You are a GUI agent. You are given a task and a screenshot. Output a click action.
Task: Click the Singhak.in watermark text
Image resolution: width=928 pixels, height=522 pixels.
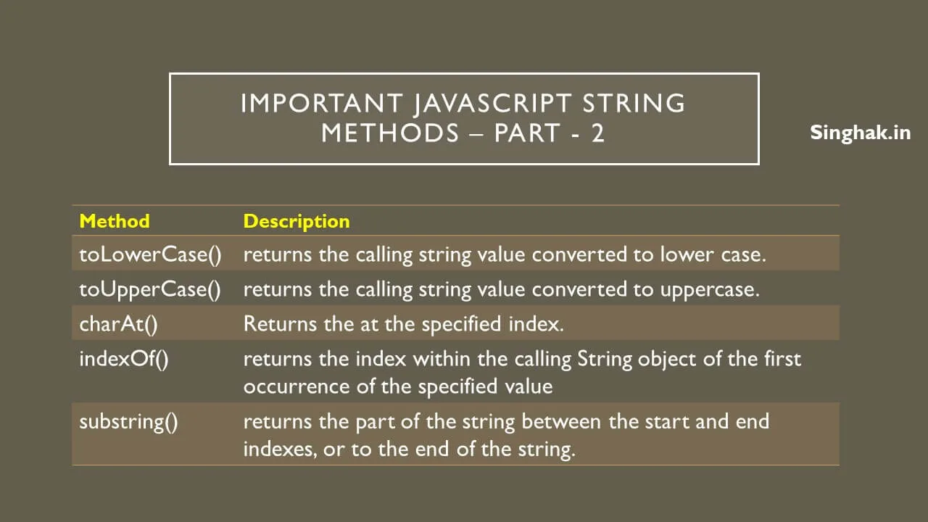pos(860,133)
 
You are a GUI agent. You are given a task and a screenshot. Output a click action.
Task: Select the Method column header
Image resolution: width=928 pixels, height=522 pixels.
pos(115,221)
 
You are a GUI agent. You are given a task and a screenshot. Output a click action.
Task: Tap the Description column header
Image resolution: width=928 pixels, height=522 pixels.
pos(297,221)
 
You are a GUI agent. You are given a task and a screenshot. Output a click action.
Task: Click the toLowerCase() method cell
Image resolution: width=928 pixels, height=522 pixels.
pos(150,254)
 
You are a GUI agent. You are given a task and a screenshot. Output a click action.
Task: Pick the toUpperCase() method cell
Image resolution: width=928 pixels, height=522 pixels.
pos(150,289)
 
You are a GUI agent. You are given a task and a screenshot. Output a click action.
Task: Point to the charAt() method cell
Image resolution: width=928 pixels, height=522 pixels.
pos(118,323)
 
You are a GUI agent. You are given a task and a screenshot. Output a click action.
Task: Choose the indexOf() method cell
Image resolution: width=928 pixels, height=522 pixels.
pos(124,359)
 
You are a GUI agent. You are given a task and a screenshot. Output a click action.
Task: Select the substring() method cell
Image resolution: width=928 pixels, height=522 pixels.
pos(128,421)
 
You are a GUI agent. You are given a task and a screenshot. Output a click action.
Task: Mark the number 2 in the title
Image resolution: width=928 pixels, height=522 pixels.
pos(597,133)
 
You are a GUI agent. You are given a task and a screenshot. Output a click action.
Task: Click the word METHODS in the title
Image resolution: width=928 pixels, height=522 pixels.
pos(390,133)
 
